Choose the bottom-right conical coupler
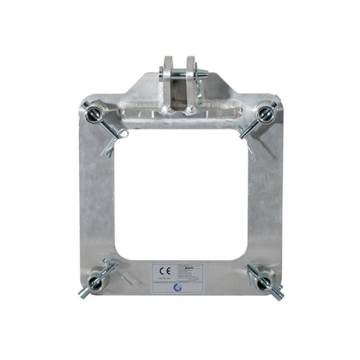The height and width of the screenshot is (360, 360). pyautogui.click(x=260, y=279)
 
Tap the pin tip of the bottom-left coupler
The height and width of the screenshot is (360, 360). pyautogui.click(x=82, y=295)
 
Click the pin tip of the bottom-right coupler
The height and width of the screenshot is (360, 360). pyautogui.click(x=276, y=295)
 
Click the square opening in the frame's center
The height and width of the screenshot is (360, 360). pyautogui.click(x=180, y=194)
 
